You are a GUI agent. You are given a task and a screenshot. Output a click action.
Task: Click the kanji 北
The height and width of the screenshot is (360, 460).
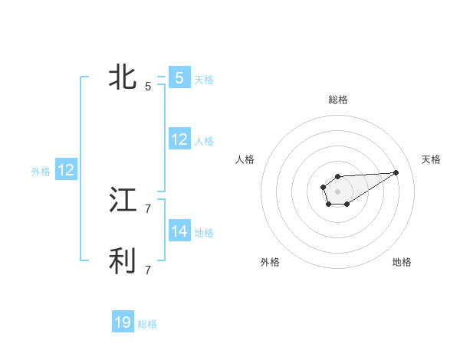pyautogui.click(x=123, y=77)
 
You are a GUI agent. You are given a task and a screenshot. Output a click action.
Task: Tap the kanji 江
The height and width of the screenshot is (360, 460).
pyautogui.click(x=123, y=200)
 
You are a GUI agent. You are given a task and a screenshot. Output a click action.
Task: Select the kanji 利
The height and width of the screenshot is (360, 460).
pyautogui.click(x=123, y=261)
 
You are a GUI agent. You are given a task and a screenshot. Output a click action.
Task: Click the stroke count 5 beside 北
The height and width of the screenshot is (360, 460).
pyautogui.click(x=148, y=87)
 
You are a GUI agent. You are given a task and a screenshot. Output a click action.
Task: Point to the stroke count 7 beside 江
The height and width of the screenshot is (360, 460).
pyautogui.click(x=148, y=208)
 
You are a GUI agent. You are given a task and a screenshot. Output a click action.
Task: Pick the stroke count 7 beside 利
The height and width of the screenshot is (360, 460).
pyautogui.click(x=148, y=270)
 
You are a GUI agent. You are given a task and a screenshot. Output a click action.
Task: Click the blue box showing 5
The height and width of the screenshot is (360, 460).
pyautogui.click(x=179, y=77)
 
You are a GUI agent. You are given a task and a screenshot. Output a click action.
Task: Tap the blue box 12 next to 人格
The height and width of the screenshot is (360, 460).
pyautogui.click(x=179, y=139)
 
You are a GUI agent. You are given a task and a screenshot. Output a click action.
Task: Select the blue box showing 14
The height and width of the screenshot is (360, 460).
pyautogui.click(x=179, y=231)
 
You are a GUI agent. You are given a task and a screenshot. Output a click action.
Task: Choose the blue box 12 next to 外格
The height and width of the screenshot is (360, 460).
pyautogui.click(x=66, y=170)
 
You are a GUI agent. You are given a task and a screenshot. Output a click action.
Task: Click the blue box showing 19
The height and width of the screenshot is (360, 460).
pyautogui.click(x=123, y=322)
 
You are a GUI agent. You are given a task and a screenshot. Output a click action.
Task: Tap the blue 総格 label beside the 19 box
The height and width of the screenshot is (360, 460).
pyautogui.click(x=147, y=324)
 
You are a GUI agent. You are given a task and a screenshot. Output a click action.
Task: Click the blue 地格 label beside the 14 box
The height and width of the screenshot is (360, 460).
pyautogui.click(x=204, y=233)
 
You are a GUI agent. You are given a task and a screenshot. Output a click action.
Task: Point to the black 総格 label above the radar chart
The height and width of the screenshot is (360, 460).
pyautogui.click(x=338, y=100)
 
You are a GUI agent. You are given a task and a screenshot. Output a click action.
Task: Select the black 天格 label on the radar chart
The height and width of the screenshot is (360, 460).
pyautogui.click(x=431, y=159)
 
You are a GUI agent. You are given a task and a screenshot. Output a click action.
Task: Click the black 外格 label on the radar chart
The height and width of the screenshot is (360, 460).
pyautogui.click(x=270, y=263)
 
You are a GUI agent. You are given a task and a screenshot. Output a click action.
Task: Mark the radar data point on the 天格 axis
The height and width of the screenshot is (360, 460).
pyautogui.click(x=396, y=172)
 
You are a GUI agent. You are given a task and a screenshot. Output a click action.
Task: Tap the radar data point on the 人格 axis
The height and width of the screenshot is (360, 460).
pyautogui.click(x=324, y=187)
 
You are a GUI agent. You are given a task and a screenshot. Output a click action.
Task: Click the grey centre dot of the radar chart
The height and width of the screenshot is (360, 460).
pyautogui.click(x=338, y=191)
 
